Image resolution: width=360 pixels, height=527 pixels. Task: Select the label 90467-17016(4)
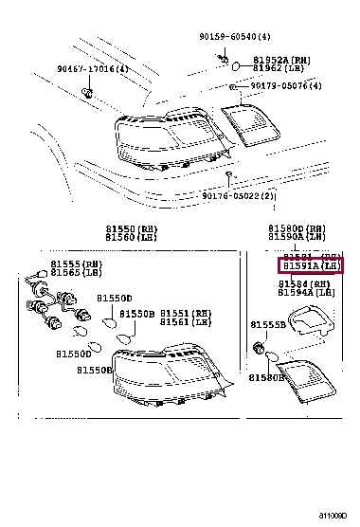click(x=92, y=69)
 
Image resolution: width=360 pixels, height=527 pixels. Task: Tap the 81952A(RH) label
click(x=287, y=58)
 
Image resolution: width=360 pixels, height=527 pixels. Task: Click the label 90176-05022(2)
click(x=239, y=196)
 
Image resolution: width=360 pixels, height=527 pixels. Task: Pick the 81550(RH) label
click(x=132, y=229)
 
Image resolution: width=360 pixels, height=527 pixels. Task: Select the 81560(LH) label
click(x=132, y=239)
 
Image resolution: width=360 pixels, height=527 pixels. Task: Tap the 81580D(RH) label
click(x=297, y=229)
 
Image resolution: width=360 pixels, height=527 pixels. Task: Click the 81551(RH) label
click(x=186, y=313)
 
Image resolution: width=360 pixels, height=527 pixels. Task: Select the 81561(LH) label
click(x=186, y=322)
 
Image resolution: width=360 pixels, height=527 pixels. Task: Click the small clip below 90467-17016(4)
click(x=87, y=93)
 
